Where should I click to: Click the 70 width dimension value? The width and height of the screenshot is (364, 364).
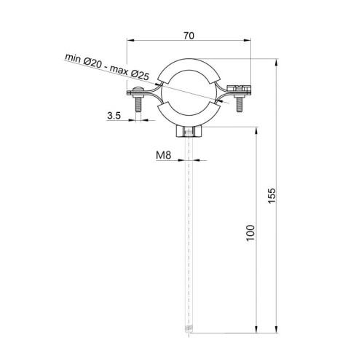(189, 36)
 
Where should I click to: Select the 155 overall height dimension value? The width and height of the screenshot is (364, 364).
(272, 196)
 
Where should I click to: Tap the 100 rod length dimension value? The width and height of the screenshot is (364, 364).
(250, 233)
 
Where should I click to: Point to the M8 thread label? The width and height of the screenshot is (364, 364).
(164, 155)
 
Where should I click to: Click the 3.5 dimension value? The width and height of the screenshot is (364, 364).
(114, 116)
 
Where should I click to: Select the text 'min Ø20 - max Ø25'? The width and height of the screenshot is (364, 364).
(107, 67)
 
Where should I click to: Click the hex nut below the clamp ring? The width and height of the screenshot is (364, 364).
(189, 132)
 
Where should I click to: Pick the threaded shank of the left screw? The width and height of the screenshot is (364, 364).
(138, 104)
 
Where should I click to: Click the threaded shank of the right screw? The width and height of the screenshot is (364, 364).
(240, 104)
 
